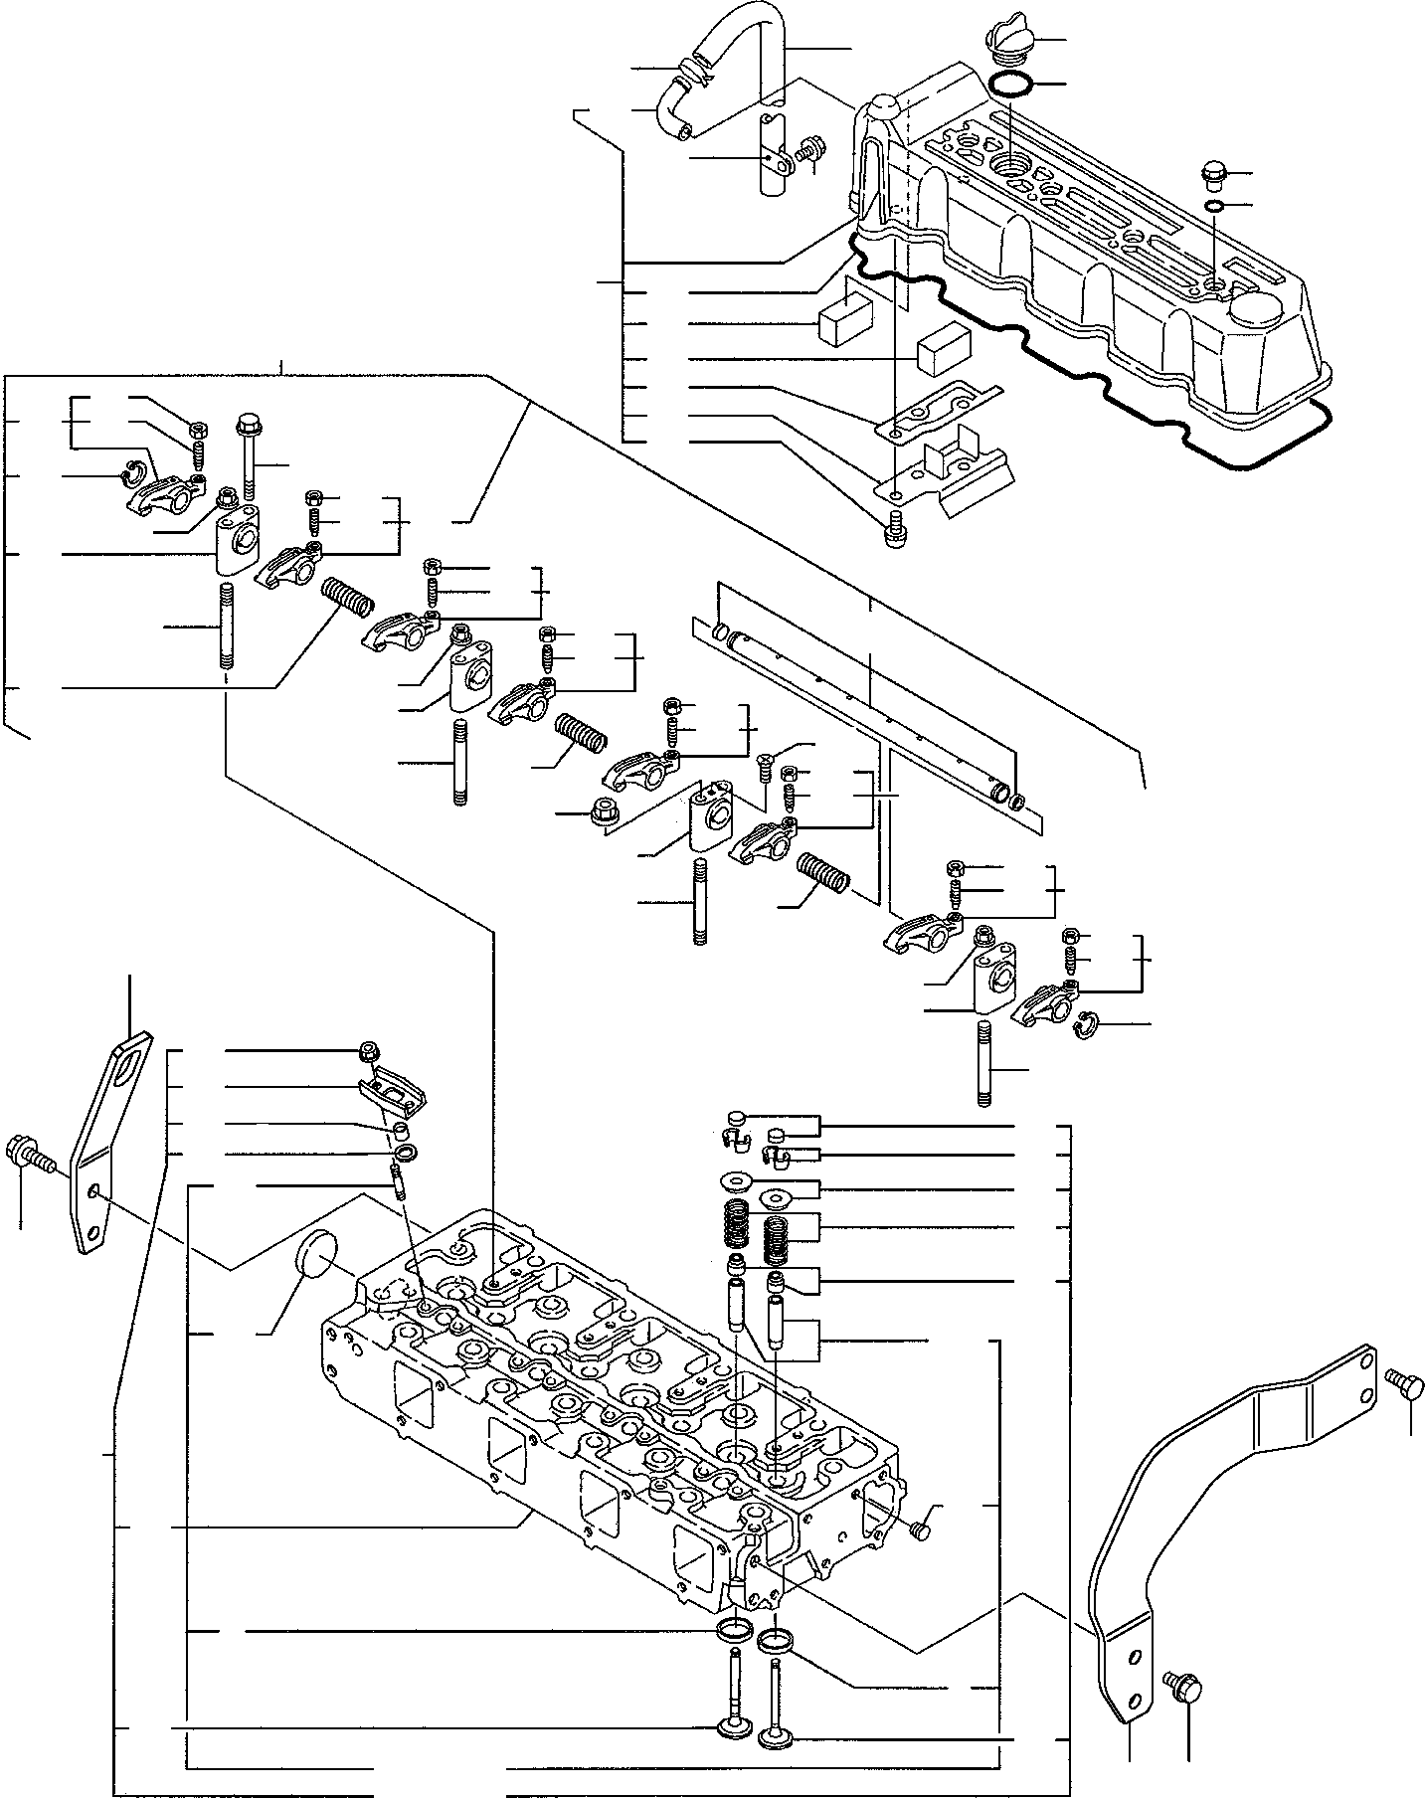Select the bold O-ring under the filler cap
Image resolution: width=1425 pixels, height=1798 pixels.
coord(1010,85)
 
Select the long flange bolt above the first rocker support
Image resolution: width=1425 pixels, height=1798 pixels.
coord(247,457)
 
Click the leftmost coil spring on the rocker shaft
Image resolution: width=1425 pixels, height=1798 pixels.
coord(348,597)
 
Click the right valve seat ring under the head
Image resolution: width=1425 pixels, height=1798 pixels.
coord(773,1641)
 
